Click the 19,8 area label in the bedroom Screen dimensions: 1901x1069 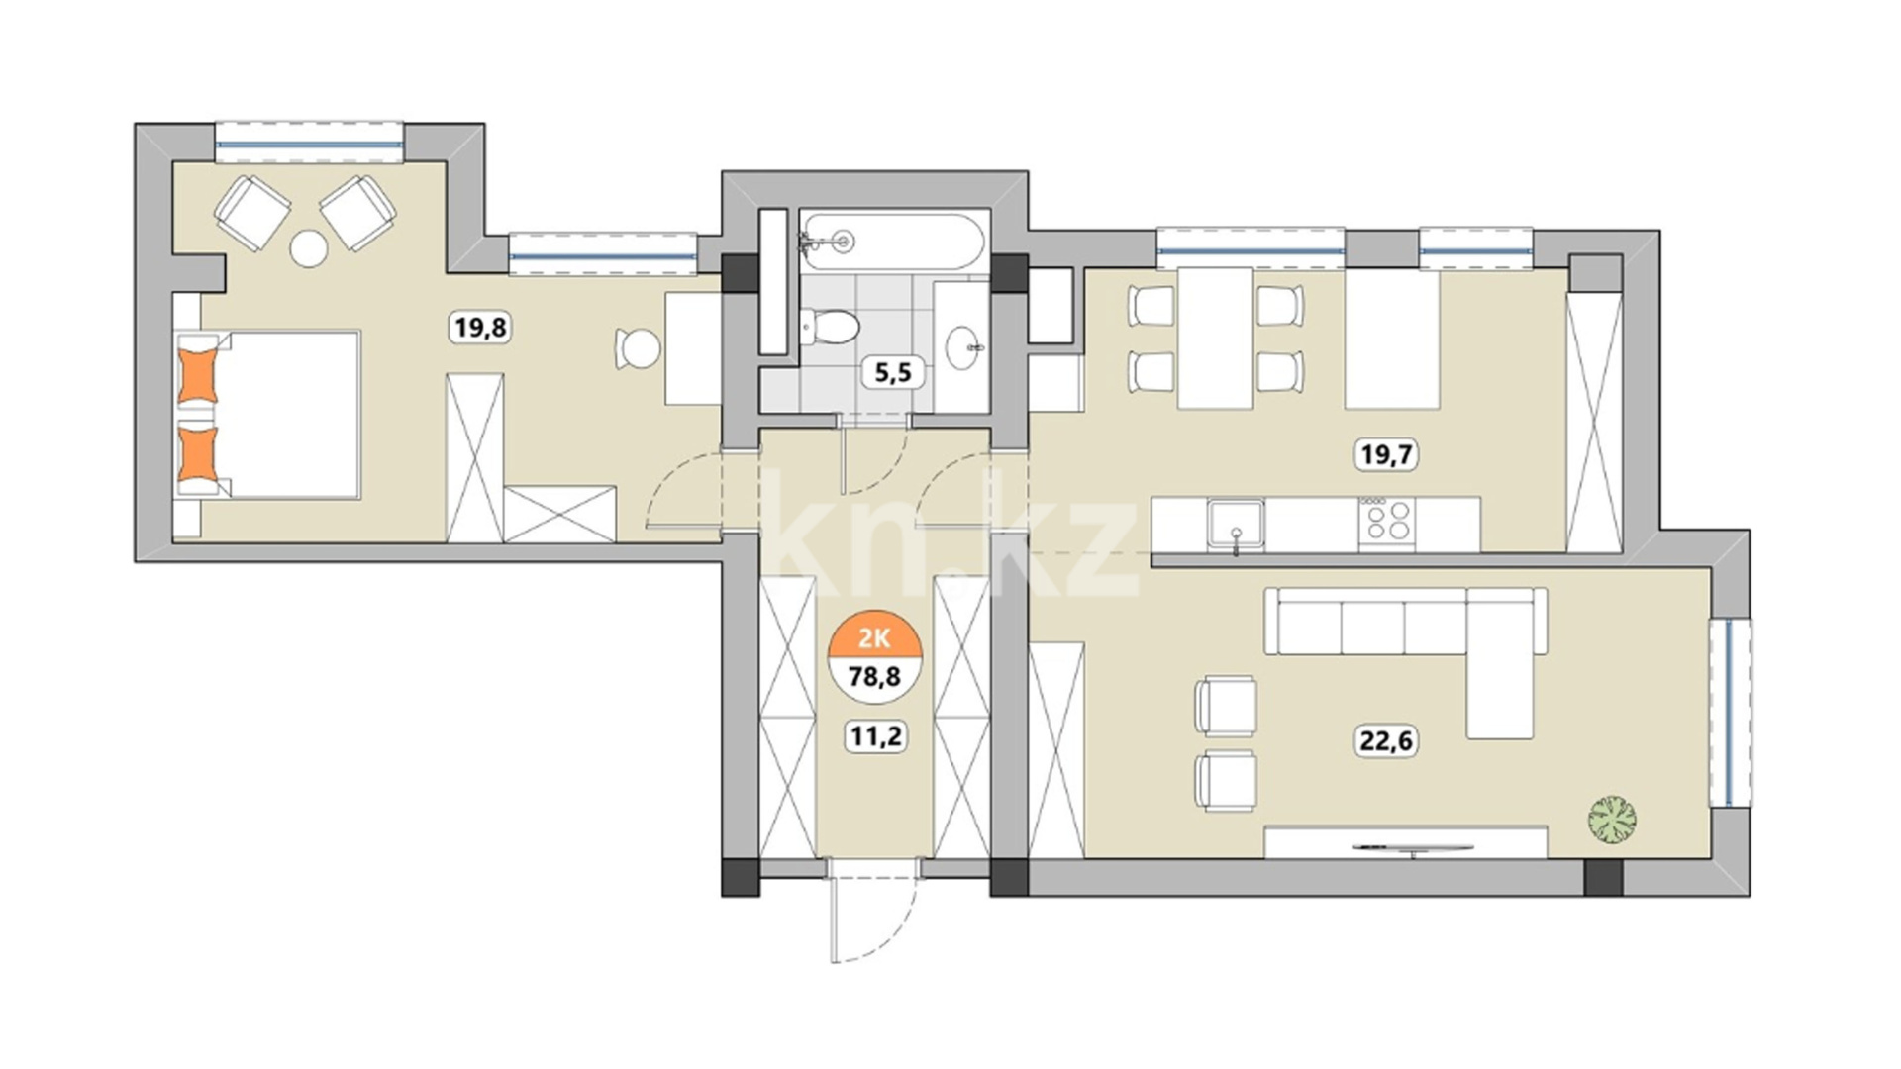480,326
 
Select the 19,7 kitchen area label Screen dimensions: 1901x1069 1386,454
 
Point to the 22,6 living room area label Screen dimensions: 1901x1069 1386,739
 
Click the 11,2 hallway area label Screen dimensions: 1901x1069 875,736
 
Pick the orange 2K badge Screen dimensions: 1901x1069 875,637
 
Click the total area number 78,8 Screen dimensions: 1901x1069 875,677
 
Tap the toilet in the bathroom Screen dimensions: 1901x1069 829,326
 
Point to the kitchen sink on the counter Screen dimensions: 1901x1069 1236,524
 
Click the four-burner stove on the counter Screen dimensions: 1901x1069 1386,521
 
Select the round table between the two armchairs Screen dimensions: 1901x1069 308,248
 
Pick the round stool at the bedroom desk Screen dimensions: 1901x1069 639,348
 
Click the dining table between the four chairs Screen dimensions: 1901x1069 1216,339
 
